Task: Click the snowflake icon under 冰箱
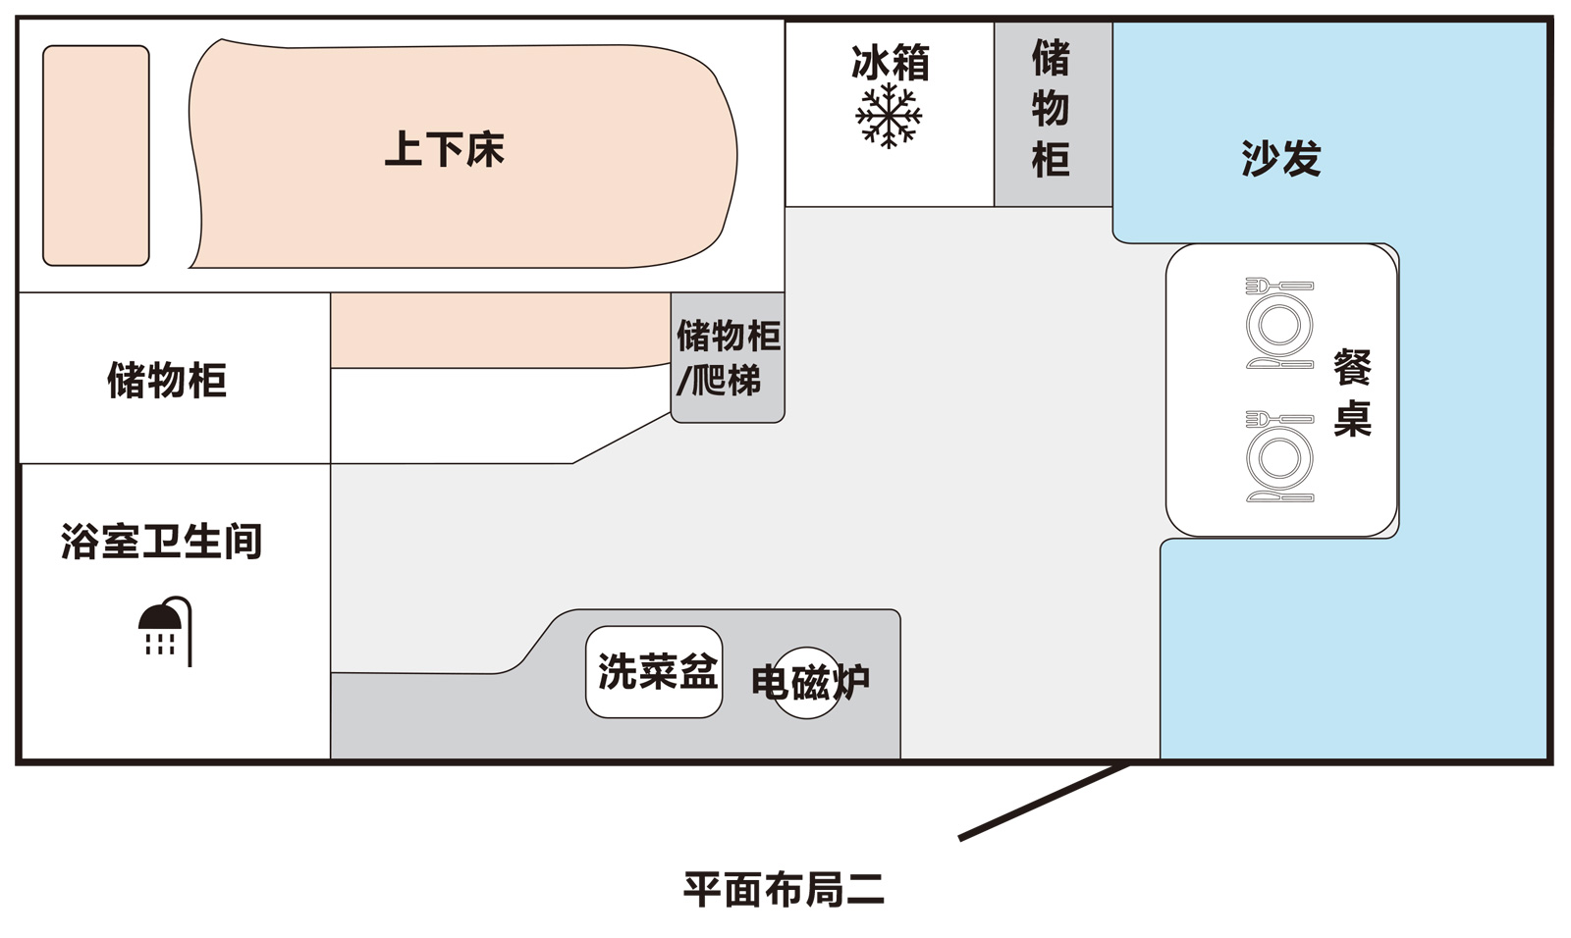coord(889,116)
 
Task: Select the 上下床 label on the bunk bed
coord(444,150)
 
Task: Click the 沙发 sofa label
coord(1280,158)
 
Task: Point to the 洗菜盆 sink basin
coord(655,672)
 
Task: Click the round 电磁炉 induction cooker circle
coord(807,682)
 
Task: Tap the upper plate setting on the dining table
coord(1279,325)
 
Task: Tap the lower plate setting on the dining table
coord(1279,458)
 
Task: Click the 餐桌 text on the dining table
coord(1352,393)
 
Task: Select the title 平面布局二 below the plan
coord(784,889)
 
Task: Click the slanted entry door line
coord(1043,802)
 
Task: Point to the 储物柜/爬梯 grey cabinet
coord(728,358)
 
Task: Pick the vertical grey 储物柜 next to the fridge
coord(1052,110)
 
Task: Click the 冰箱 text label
coord(890,63)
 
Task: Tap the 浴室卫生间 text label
coord(162,542)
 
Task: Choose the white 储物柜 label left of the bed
coord(167,381)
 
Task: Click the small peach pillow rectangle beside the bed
coord(96,155)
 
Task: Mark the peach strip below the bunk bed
coord(499,330)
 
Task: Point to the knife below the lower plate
coord(1279,497)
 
